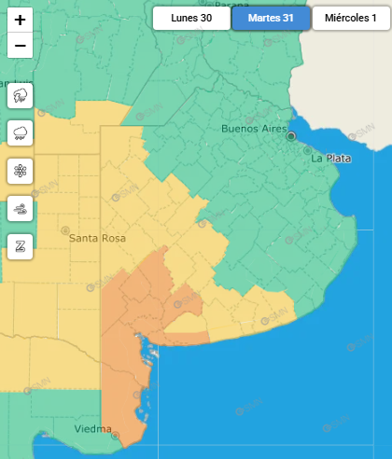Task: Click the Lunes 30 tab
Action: pyautogui.click(x=191, y=18)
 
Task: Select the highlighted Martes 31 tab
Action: pyautogui.click(x=271, y=18)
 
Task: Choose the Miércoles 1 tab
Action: pyautogui.click(x=350, y=18)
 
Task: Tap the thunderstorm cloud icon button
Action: pyautogui.click(x=21, y=95)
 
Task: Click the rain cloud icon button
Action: pyautogui.click(x=21, y=132)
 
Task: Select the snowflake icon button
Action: pyautogui.click(x=21, y=171)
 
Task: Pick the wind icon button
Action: pyautogui.click(x=21, y=209)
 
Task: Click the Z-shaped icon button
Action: pyautogui.click(x=21, y=246)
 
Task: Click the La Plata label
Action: pyautogui.click(x=331, y=159)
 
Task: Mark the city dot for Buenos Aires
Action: pyautogui.click(x=291, y=136)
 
